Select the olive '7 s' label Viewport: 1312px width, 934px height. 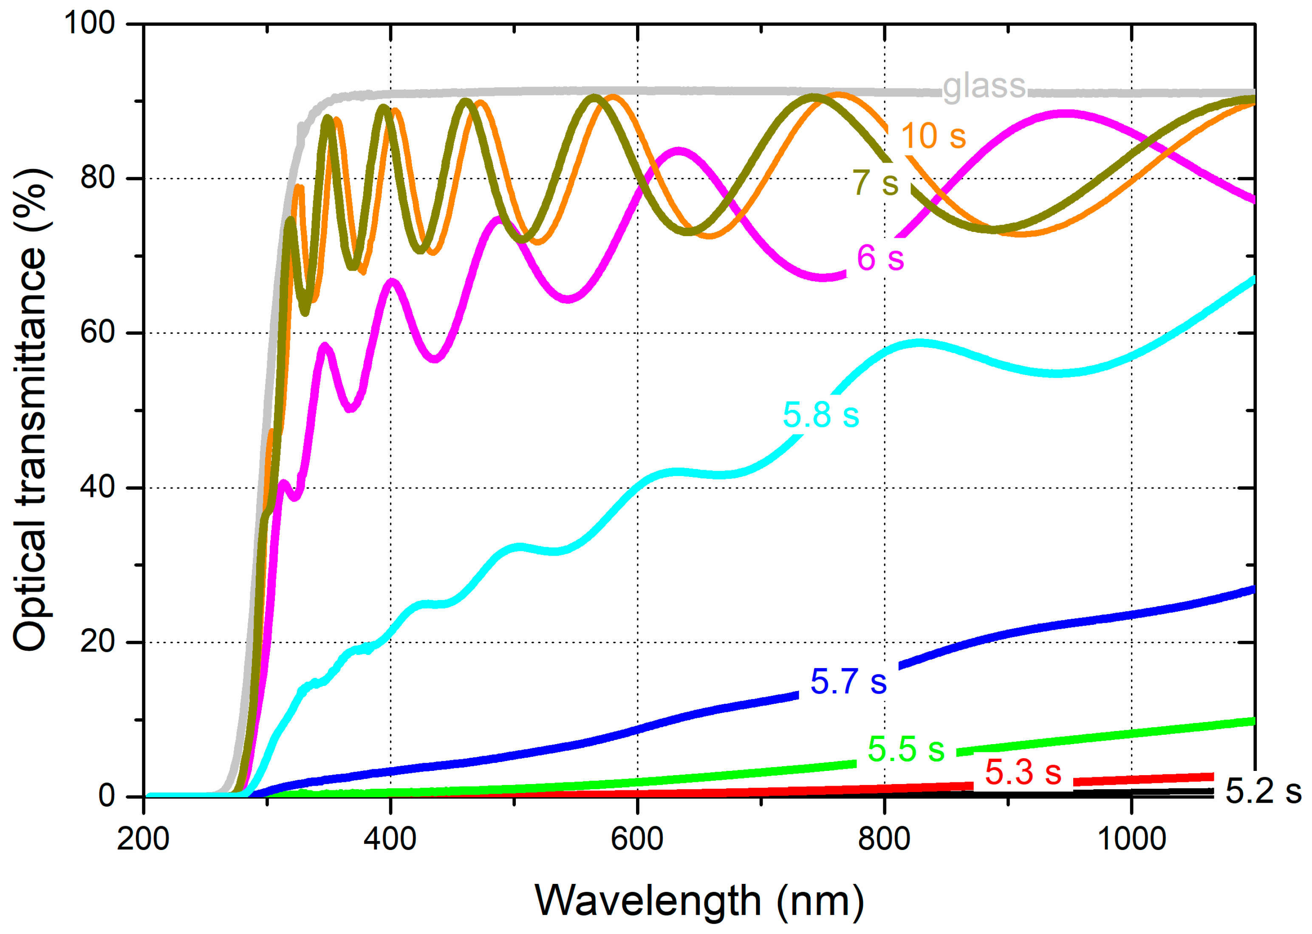pos(875,183)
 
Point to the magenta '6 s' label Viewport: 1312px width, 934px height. pos(880,258)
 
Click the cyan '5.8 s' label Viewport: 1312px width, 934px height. pos(821,415)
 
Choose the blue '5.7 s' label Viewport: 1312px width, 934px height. pos(848,682)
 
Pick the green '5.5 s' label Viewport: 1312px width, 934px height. pos(906,749)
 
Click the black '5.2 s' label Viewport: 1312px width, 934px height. pos(1263,791)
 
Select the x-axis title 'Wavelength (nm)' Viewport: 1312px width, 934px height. pos(699,900)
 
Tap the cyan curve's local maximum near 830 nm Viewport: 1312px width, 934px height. pos(919,343)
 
